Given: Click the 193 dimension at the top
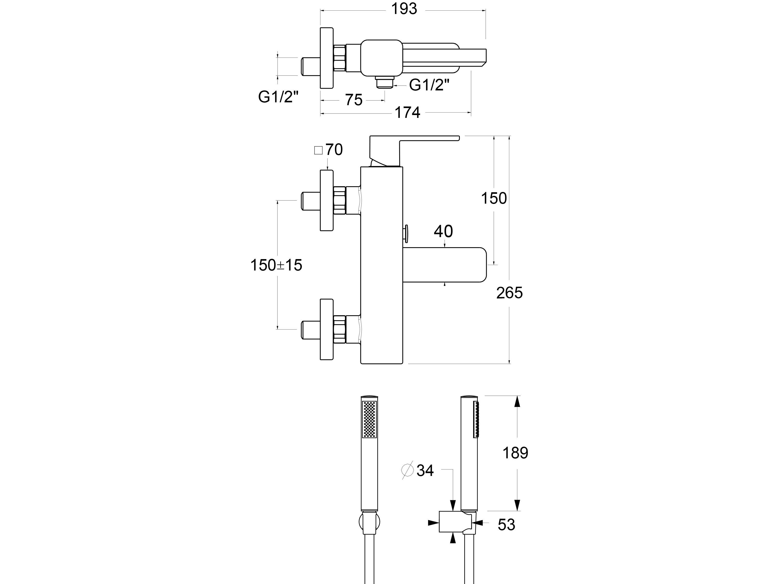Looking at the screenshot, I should pos(404,9).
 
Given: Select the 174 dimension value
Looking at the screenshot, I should pos(407,113).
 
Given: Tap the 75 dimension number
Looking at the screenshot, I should pos(353,100).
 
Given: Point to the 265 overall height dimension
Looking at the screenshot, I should pos(509,293).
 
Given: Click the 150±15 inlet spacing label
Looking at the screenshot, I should pos(276,265).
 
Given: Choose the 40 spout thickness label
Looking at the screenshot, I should pos(443,232).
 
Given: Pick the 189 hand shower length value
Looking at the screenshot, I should pos(515,453).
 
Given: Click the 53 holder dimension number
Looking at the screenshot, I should pos(506,525).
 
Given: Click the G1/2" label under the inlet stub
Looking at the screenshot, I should pos(278,97).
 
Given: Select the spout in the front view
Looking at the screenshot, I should pos(445,265).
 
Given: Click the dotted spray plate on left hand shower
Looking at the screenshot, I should pos(369,419).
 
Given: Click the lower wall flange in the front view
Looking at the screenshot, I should pos(326,330).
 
